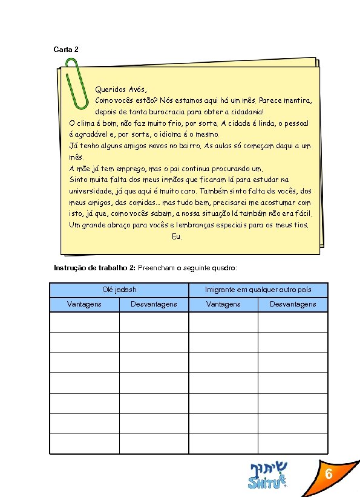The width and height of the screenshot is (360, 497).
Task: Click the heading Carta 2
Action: tap(66, 48)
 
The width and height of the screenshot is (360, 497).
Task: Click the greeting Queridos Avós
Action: tap(121, 89)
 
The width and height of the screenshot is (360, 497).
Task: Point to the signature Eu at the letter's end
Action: tap(177, 236)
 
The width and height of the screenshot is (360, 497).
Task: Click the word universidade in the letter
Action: tap(93, 191)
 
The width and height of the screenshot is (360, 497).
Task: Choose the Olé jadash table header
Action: tap(119, 290)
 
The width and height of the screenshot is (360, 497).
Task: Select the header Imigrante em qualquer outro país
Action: tap(258, 290)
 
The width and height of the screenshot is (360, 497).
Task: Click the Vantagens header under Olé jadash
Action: tap(84, 304)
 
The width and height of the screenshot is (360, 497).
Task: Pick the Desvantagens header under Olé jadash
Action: tap(154, 304)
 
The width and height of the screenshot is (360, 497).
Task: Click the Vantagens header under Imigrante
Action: tap(223, 304)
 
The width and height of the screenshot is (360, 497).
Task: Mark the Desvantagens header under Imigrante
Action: tap(293, 304)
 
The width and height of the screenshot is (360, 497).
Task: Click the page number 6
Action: tap(328, 475)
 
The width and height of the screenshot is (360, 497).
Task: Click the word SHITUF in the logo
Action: tap(264, 482)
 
